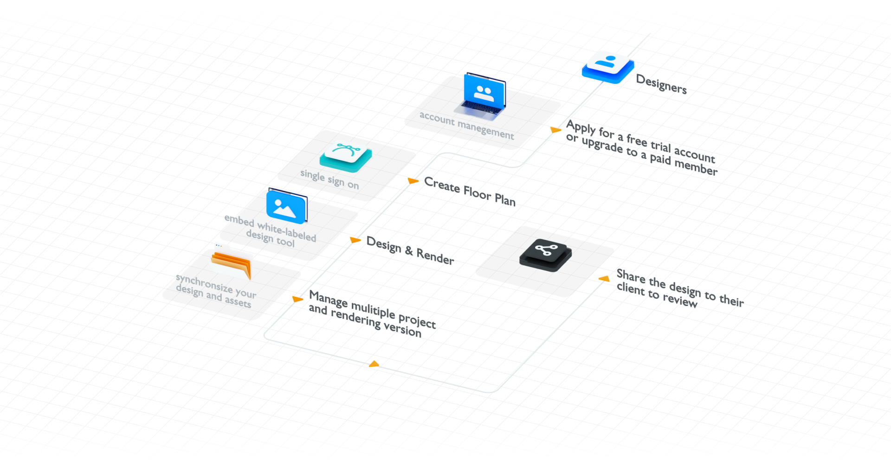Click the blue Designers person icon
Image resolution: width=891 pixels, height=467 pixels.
(x=608, y=66)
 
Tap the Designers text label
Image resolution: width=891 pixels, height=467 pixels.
(x=661, y=84)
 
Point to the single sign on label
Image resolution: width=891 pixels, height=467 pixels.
(x=329, y=179)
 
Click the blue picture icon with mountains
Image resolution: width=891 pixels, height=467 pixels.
(x=286, y=206)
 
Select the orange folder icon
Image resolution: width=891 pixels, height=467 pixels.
(x=232, y=262)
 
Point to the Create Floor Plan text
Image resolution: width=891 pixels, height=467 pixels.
(x=470, y=192)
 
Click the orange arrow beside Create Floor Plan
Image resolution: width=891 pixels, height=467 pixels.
(x=413, y=180)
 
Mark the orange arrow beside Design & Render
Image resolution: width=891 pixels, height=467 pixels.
(x=355, y=240)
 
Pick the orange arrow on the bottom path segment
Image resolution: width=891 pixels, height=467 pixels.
(x=374, y=365)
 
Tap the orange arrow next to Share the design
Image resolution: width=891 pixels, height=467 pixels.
(x=605, y=279)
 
